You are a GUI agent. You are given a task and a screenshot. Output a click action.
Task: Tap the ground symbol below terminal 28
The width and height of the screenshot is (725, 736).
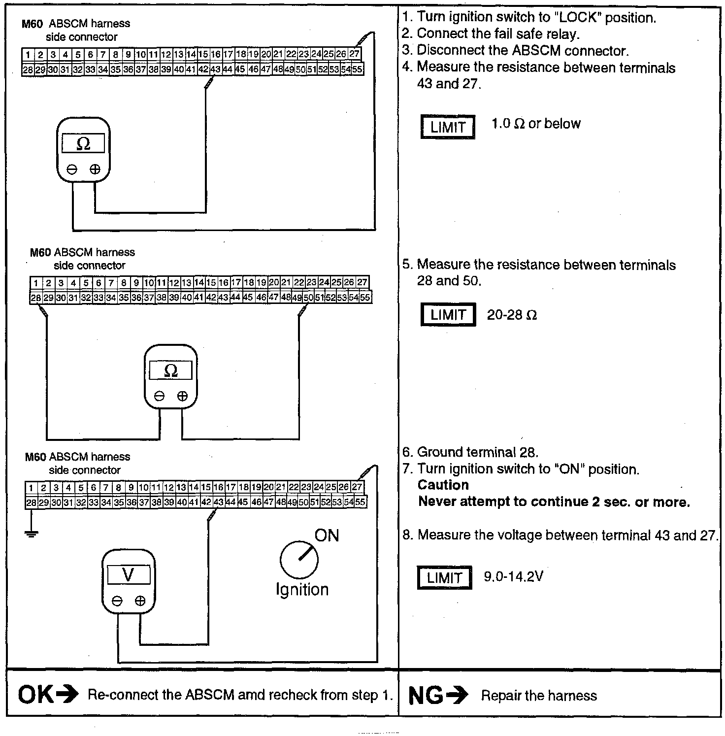pyautogui.click(x=31, y=533)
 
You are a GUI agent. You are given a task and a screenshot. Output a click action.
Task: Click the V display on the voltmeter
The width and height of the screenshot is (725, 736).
pyautogui.click(x=128, y=574)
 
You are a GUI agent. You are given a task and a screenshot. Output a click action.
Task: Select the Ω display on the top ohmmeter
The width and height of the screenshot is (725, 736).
pyautogui.click(x=83, y=144)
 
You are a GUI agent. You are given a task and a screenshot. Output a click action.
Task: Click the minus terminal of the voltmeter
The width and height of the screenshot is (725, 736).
pyautogui.click(x=117, y=601)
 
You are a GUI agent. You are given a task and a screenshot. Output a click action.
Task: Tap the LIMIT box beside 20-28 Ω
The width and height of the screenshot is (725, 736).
pyautogui.click(x=448, y=315)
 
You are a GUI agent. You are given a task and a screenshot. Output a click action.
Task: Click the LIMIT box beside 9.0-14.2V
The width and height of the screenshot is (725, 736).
pyautogui.click(x=444, y=577)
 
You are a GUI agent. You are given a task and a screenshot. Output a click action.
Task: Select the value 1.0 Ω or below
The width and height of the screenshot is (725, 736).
pyautogui.click(x=536, y=124)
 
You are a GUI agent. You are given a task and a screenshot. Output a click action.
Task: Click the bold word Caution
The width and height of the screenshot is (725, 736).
pyautogui.click(x=443, y=485)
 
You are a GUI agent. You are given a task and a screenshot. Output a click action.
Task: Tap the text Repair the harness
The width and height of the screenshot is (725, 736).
pyautogui.click(x=539, y=696)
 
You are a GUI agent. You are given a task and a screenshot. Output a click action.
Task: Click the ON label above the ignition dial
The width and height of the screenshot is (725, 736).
pyautogui.click(x=327, y=535)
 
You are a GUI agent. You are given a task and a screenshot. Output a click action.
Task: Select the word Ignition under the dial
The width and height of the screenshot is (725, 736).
pyautogui.click(x=302, y=589)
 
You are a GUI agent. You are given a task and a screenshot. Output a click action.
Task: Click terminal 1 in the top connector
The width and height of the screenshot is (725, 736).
pyautogui.click(x=28, y=55)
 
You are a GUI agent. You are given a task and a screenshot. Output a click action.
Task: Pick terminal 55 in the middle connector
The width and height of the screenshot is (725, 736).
pyautogui.click(x=365, y=298)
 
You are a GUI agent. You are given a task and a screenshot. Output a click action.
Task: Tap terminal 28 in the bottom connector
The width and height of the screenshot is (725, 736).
pyautogui.click(x=31, y=502)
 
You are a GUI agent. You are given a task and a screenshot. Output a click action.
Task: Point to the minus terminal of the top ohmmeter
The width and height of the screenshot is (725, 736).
pyautogui.click(x=72, y=169)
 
